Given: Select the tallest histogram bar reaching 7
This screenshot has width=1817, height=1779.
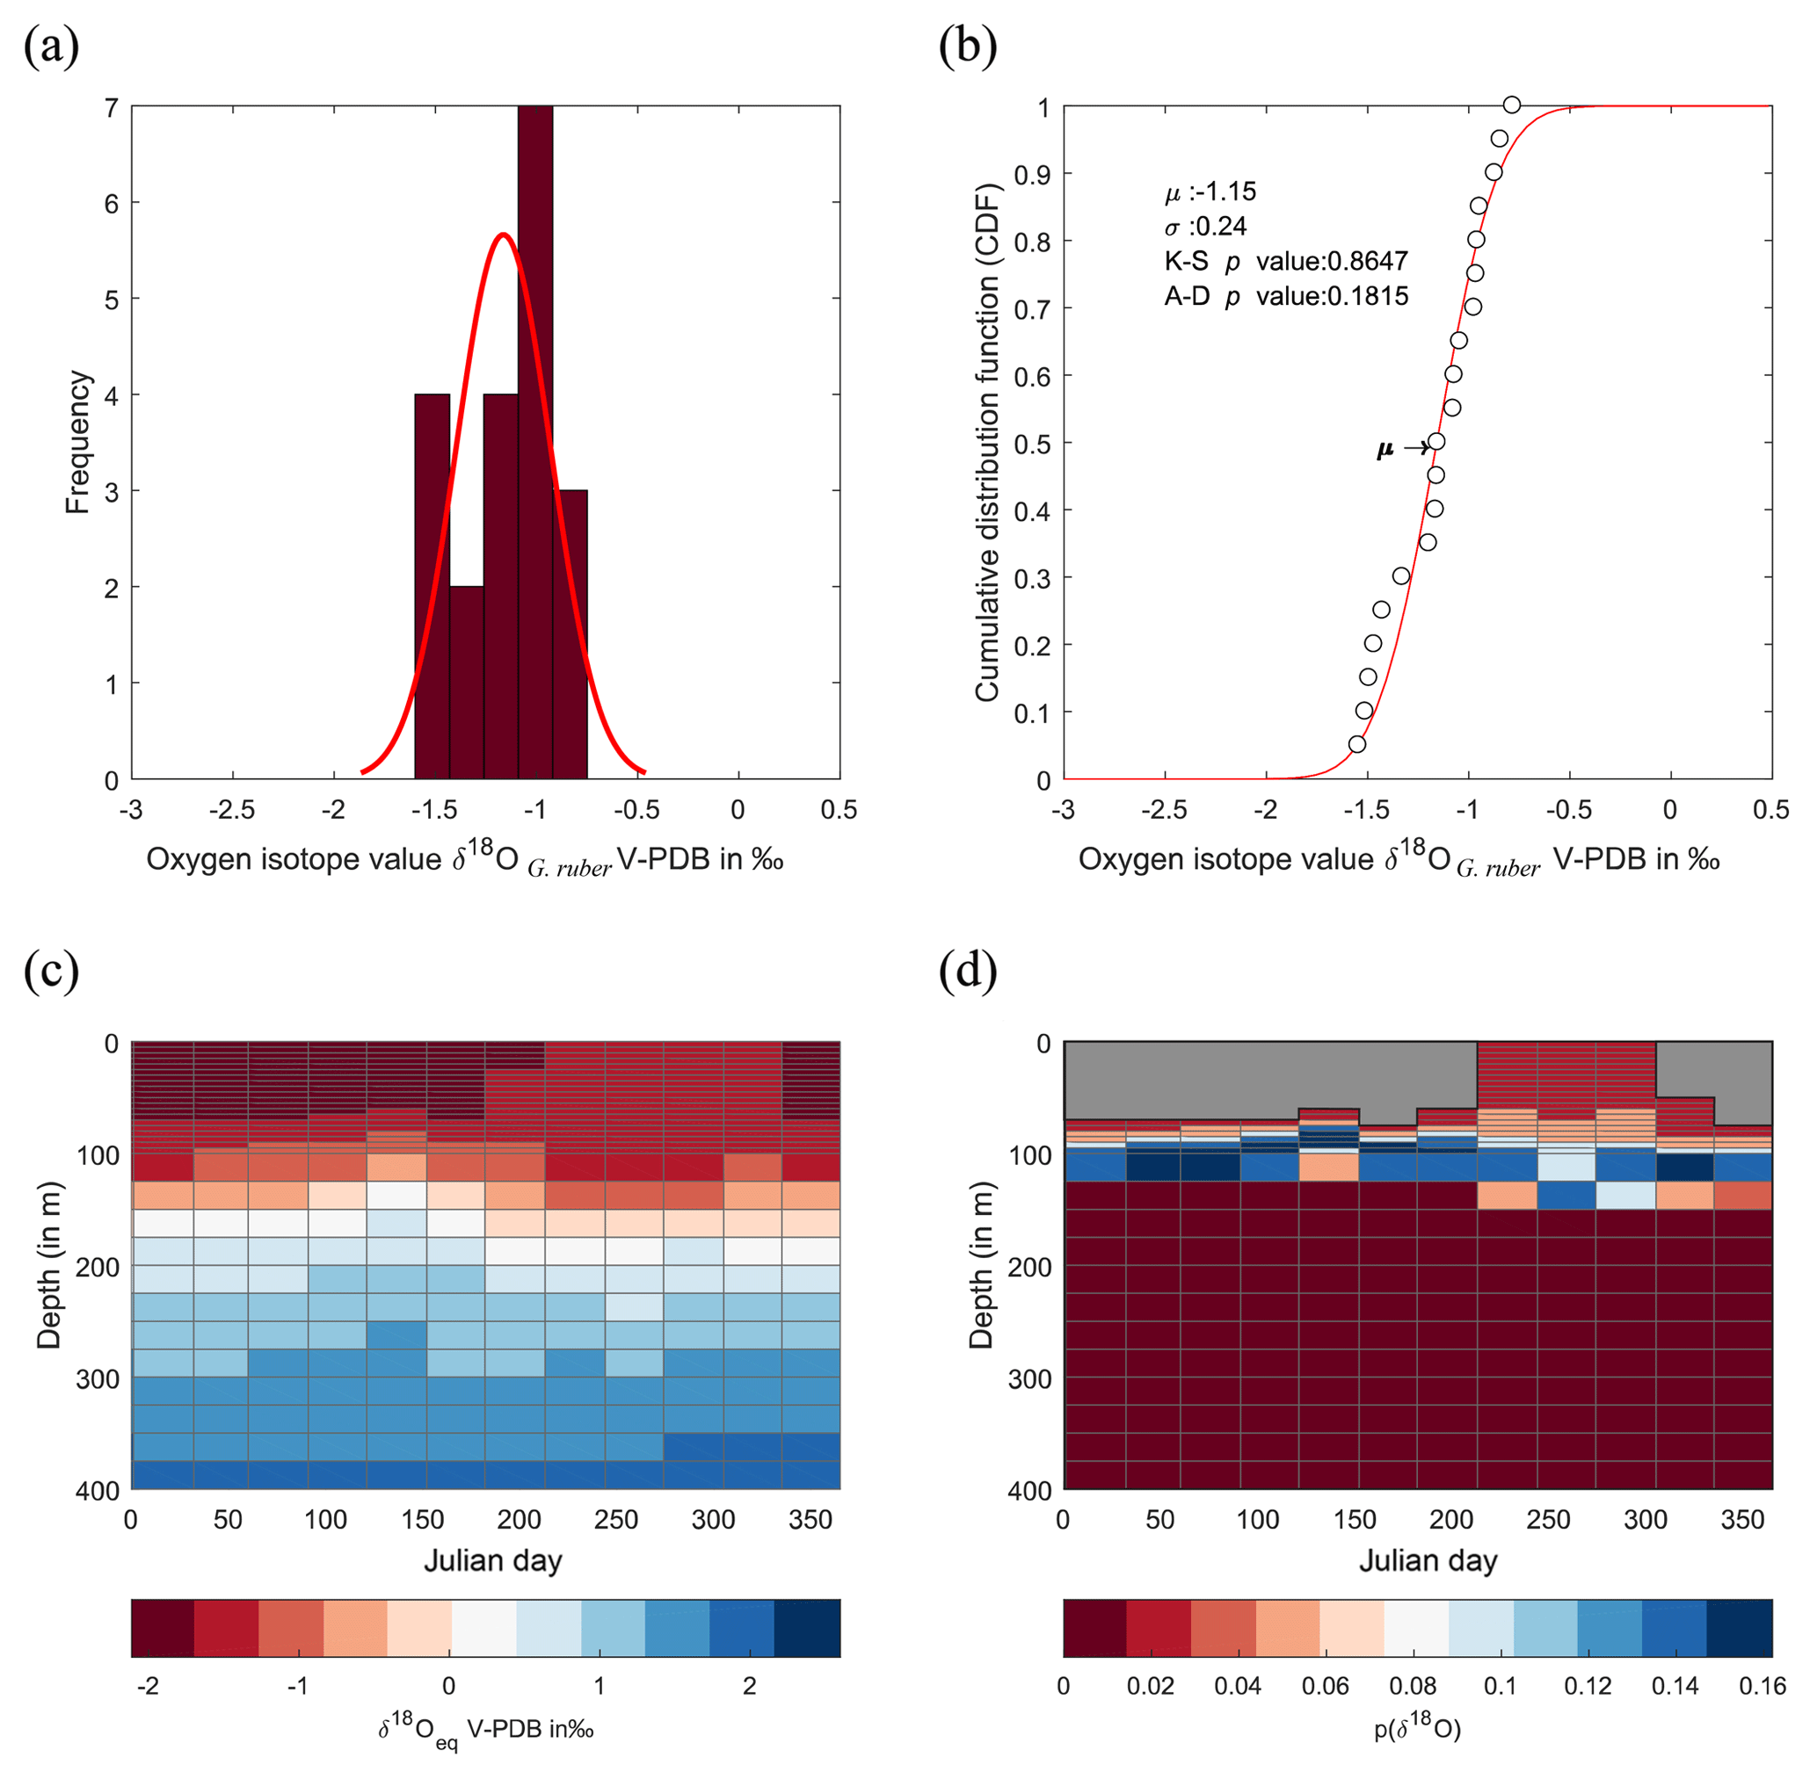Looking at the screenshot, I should [x=534, y=439].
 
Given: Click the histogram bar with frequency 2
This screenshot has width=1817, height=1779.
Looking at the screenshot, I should [x=467, y=682].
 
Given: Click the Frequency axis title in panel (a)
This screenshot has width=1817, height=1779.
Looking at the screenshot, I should [x=78, y=442].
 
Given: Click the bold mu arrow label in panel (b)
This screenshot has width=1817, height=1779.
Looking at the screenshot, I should [x=1385, y=450].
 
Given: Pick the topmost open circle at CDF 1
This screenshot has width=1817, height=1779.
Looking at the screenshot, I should [x=1511, y=105].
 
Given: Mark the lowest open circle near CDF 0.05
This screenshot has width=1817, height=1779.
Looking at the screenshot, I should [x=1357, y=744].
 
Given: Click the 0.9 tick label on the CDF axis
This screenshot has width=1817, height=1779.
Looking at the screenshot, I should [x=1031, y=175].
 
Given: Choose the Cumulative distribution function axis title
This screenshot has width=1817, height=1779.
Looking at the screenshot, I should [x=987, y=442].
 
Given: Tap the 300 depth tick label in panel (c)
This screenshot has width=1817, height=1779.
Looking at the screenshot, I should [x=98, y=1379].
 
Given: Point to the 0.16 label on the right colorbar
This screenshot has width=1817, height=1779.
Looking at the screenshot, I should [x=1762, y=1686].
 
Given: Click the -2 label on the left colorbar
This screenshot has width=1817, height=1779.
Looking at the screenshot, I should [x=147, y=1686].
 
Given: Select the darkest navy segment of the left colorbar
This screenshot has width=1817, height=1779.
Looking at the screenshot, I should [x=807, y=1628].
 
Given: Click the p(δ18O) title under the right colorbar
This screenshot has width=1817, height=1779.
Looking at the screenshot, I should [x=1417, y=1729].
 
